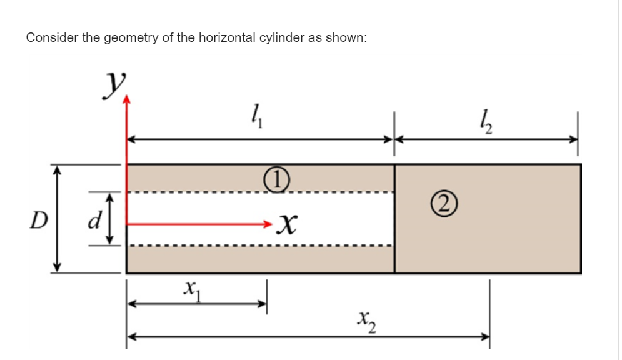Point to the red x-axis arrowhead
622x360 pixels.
pos(268,222)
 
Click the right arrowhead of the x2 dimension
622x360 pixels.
pos(485,336)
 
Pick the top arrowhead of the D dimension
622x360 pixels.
pos(57,169)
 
